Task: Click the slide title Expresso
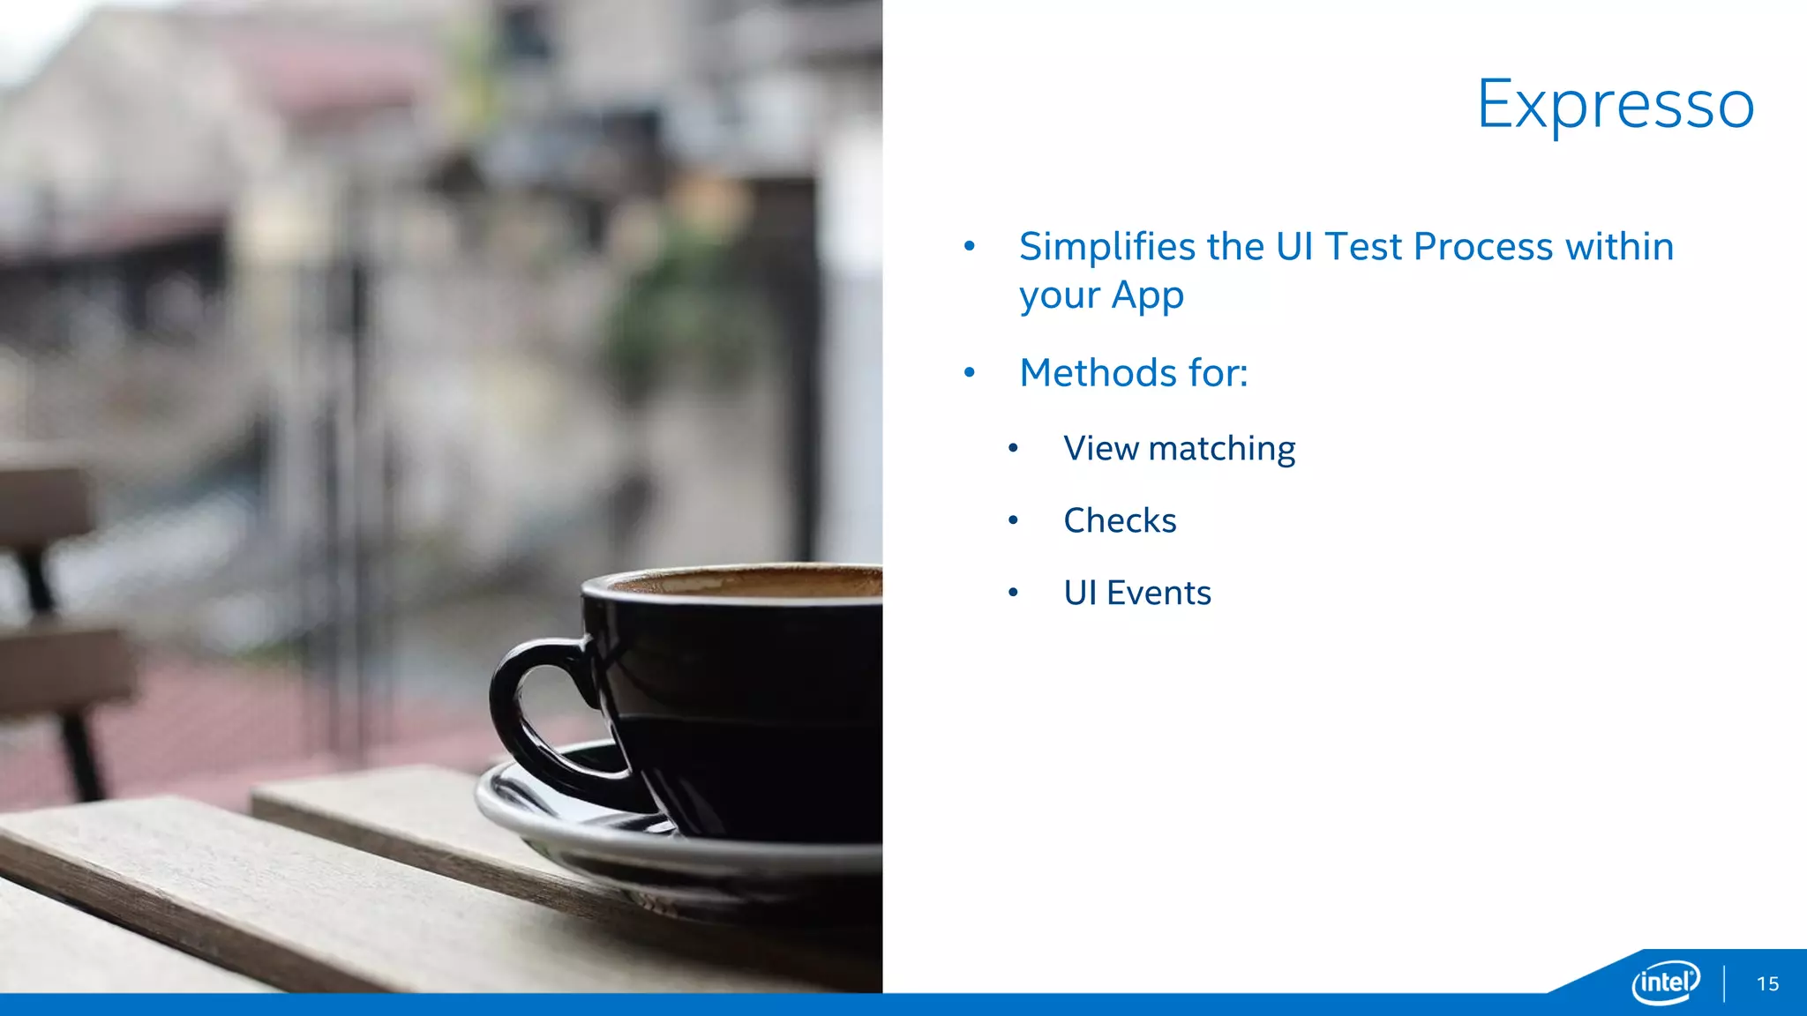click(1616, 105)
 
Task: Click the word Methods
click(1098, 373)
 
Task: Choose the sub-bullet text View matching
click(1179, 449)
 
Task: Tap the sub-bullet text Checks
click(1120, 521)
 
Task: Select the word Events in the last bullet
click(1158, 594)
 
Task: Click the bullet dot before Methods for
click(969, 373)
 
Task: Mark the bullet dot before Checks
click(1013, 521)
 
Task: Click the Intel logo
click(1665, 982)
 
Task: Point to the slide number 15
click(1767, 984)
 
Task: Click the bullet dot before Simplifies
click(969, 247)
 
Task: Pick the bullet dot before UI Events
click(1013, 594)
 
